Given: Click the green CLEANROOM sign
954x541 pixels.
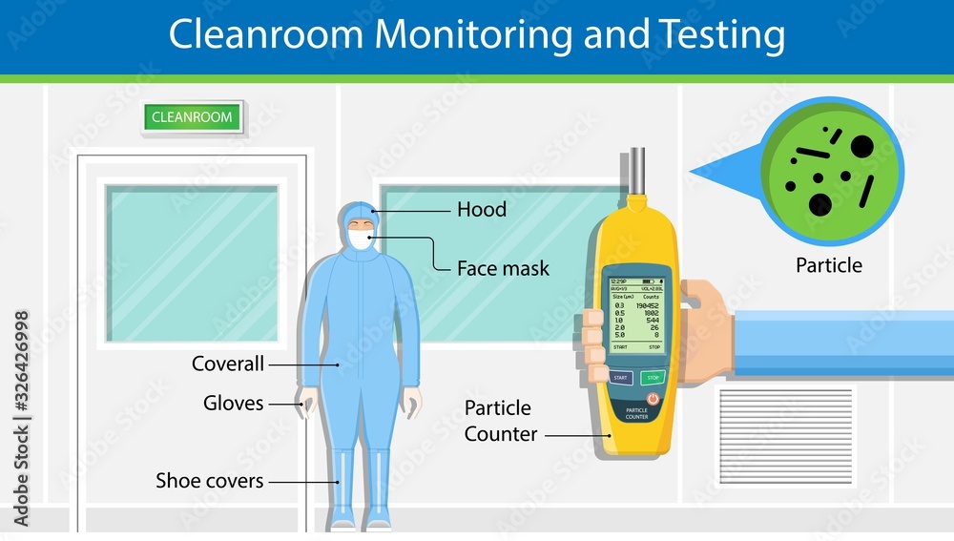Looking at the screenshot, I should [x=193, y=117].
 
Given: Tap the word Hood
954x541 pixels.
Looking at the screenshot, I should [x=482, y=210].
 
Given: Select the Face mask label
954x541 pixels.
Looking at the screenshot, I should [x=503, y=268].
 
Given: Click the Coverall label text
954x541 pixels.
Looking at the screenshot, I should [x=227, y=364].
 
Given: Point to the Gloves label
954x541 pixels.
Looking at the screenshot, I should [x=233, y=403].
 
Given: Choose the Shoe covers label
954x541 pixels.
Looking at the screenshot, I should [x=209, y=481].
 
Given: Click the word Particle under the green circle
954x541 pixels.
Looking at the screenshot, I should [x=829, y=265].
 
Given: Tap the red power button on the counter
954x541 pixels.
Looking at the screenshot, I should [x=653, y=396].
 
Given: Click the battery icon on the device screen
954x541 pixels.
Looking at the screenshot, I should [x=649, y=282].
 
